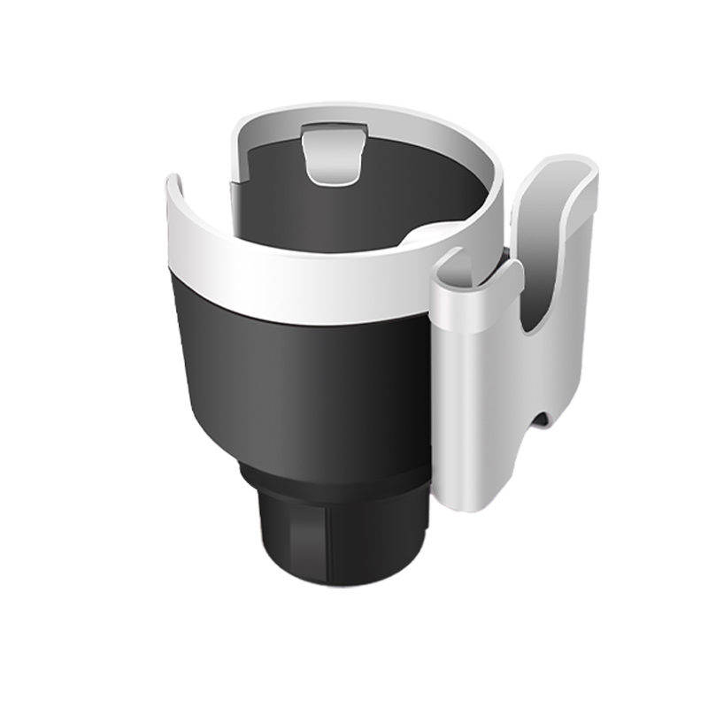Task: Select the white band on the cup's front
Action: click(x=292, y=283)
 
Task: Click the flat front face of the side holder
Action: click(x=473, y=398)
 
